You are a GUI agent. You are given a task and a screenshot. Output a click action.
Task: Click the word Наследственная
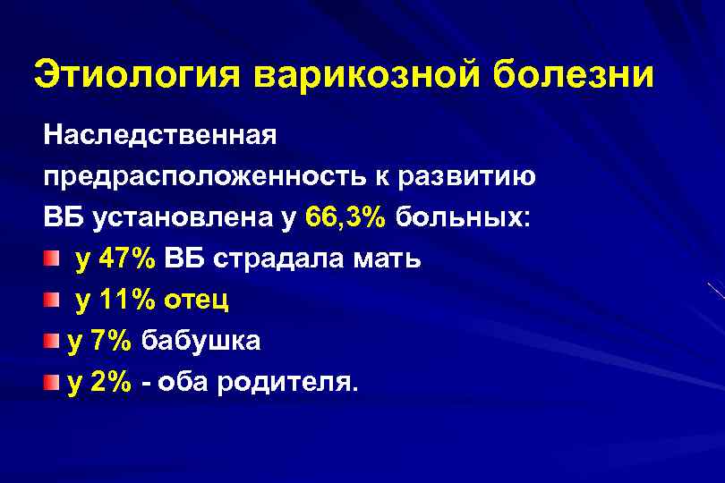tap(160, 137)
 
